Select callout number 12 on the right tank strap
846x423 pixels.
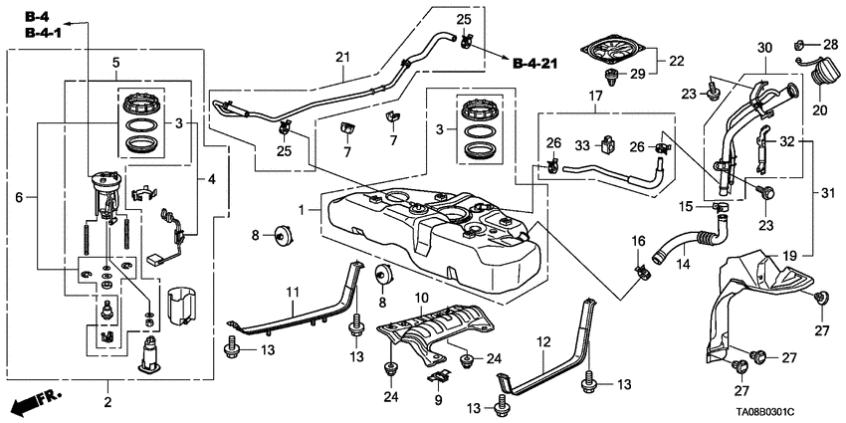(x=543, y=341)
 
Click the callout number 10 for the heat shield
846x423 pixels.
(x=420, y=298)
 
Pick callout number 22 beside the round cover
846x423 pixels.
(x=678, y=62)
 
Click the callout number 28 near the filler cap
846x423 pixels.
(x=831, y=43)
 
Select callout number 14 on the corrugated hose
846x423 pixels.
(x=683, y=266)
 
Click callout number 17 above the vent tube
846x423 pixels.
(x=595, y=98)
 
